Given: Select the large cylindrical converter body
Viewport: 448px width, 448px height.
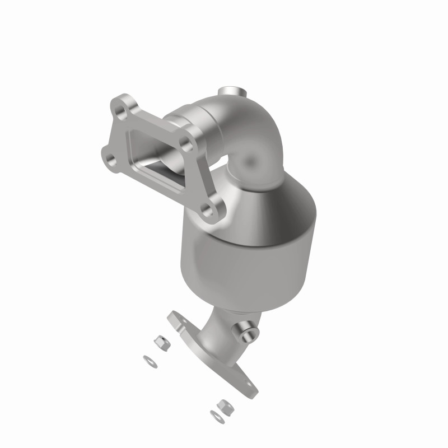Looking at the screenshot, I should click(x=246, y=258).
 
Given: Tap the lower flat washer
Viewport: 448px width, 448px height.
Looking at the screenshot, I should click(x=216, y=416).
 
